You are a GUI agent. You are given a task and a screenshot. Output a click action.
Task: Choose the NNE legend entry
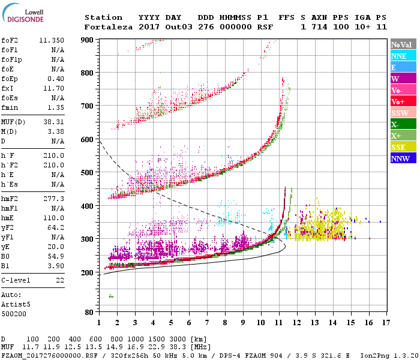tap(399, 56)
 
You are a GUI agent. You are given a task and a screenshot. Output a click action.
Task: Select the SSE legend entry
tap(399, 148)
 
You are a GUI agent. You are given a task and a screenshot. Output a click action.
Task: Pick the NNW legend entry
tap(400, 159)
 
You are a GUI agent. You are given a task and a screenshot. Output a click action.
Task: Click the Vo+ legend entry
tap(399, 102)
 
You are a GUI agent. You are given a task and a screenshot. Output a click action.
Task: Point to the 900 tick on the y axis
tap(87, 40)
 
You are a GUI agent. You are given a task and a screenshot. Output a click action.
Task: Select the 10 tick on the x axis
tap(260, 323)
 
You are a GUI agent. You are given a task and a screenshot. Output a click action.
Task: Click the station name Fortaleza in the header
tap(108, 26)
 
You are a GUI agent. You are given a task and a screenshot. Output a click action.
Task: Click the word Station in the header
tap(103, 17)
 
